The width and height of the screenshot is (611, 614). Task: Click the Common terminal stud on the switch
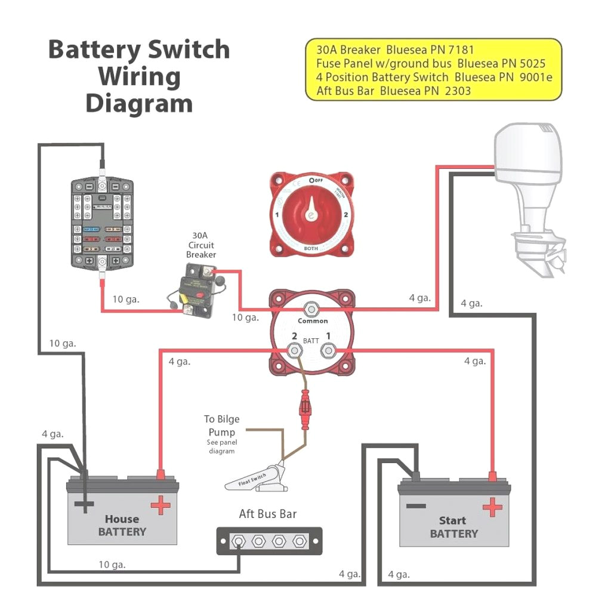311,309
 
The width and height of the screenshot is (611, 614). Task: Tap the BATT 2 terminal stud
293,351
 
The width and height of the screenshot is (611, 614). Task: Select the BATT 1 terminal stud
327,351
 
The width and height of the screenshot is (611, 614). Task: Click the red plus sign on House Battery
160,506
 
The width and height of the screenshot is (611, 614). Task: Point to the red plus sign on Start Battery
492,507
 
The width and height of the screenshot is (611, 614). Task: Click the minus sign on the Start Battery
415,505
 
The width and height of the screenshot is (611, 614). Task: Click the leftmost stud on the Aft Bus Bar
239,541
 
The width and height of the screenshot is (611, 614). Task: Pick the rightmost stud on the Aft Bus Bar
298,541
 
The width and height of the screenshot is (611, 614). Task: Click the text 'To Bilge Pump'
221,425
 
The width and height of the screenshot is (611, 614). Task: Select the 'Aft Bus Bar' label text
267,514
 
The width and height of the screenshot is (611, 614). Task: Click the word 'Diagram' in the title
138,103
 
